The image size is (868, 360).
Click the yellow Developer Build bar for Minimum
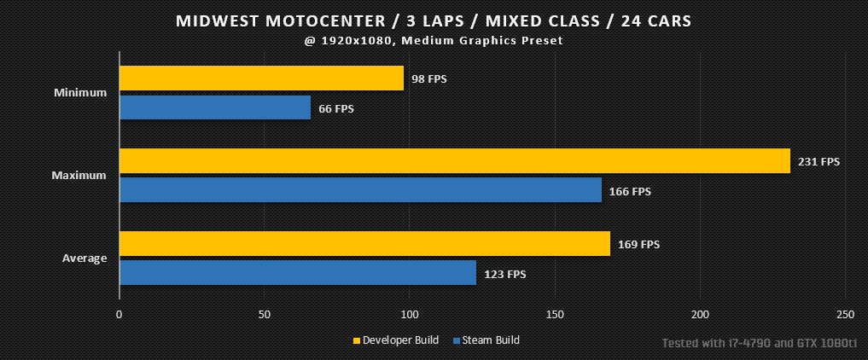point(262,78)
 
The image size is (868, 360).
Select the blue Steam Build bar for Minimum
point(215,107)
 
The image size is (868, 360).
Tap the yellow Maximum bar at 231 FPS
point(455,161)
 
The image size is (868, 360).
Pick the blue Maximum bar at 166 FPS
point(360,189)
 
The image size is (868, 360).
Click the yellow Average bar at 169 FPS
point(364,243)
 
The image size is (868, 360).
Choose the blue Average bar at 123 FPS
point(298,273)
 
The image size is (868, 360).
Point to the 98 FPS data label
point(429,79)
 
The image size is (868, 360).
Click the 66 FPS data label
point(336,108)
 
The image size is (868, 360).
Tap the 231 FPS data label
point(819,162)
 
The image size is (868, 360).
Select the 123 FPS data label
point(505,274)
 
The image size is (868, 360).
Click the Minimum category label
point(80,93)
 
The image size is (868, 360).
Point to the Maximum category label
point(79,176)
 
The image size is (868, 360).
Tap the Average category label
point(84,258)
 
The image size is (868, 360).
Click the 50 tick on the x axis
point(264,315)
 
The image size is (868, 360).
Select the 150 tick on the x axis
point(555,315)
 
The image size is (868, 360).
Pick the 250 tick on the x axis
point(845,315)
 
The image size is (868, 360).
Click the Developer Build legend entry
point(396,340)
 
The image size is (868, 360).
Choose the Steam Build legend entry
point(486,340)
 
